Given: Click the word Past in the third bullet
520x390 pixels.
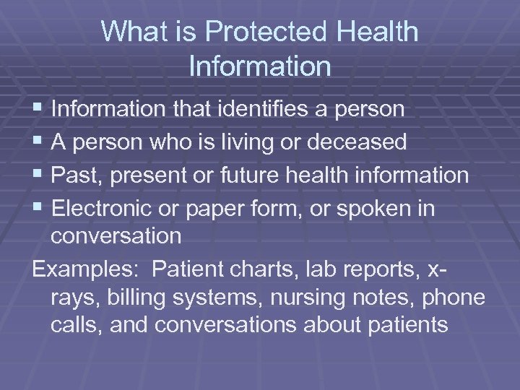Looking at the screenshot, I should pyautogui.click(x=74, y=175).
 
